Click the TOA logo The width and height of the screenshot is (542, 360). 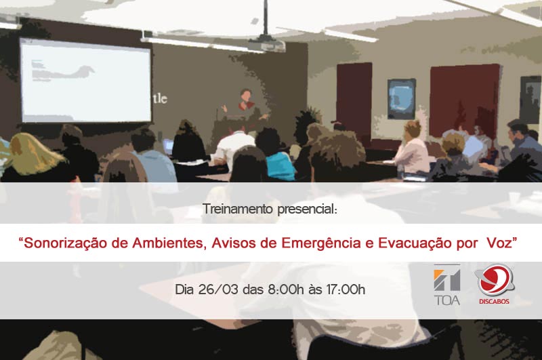tap(447, 285)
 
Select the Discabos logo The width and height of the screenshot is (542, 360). tap(495, 284)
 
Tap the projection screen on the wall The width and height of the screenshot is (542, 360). tap(85, 80)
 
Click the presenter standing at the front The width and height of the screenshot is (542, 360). tap(245, 105)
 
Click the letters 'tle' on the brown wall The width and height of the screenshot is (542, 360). tap(160, 98)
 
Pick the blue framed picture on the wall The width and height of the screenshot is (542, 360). tap(401, 99)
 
